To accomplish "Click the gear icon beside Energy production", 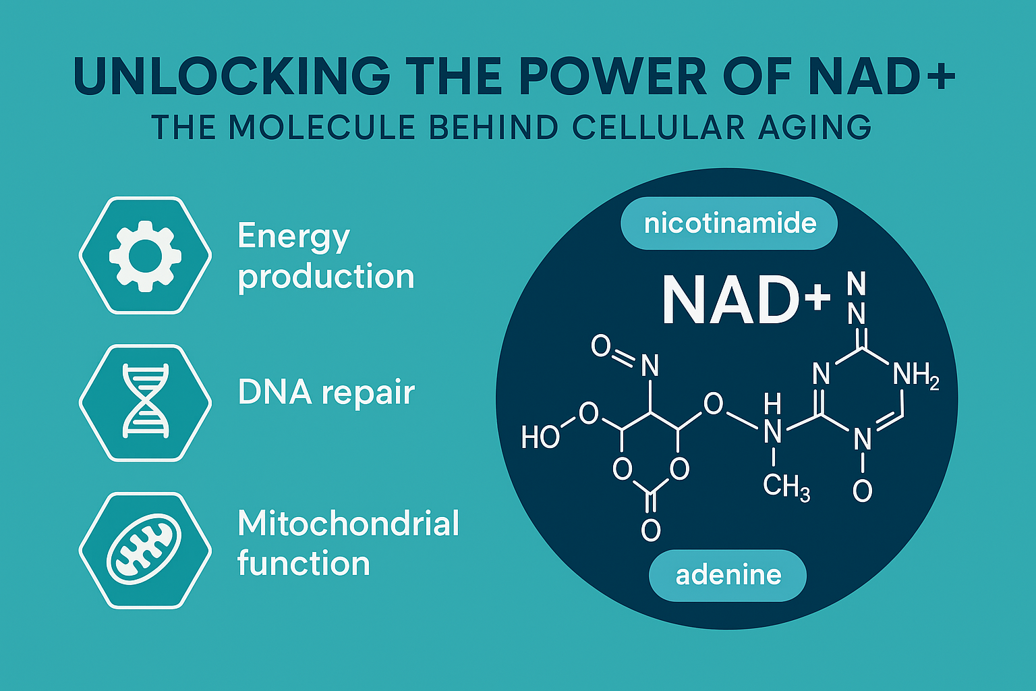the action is [x=145, y=256].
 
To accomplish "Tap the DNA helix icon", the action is [x=145, y=401].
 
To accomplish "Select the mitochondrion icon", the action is [x=144, y=549].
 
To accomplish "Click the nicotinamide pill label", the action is [x=729, y=223].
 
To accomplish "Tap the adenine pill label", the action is [x=728, y=576].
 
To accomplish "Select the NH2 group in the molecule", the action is [x=916, y=375].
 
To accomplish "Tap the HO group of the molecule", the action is [x=540, y=437].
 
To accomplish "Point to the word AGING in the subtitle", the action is [x=815, y=127].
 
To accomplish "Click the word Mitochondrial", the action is [x=349, y=523].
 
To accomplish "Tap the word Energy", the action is [x=293, y=238].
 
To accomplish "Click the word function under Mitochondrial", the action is [x=304, y=563].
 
